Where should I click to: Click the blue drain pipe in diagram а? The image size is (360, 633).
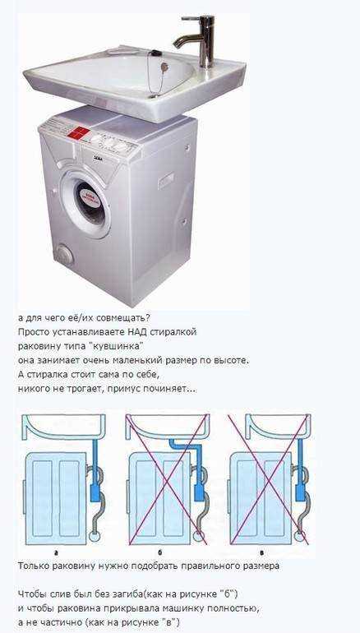(97, 473)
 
